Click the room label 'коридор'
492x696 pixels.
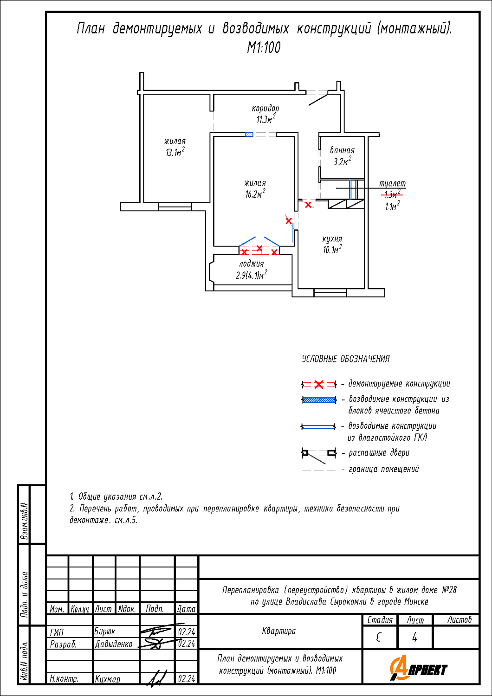click(x=265, y=109)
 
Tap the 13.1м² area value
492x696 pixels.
click(x=175, y=152)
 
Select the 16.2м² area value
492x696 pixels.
click(x=255, y=193)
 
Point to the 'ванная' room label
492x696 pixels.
click(x=342, y=150)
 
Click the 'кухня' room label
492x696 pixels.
click(x=332, y=239)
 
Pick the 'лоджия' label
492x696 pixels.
click(x=252, y=264)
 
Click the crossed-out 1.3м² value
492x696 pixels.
click(x=392, y=194)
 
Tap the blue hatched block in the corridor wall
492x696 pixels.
click(x=249, y=135)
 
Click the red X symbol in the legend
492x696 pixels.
click(x=319, y=385)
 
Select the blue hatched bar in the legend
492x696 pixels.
click(x=319, y=400)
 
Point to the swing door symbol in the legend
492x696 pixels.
click(x=319, y=456)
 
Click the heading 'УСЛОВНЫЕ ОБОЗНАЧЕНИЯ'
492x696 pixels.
click(x=346, y=359)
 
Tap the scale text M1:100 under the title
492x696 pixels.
click(x=264, y=47)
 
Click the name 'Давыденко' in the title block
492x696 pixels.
click(x=114, y=644)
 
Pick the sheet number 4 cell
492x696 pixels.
click(x=414, y=638)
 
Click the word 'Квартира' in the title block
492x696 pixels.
click(x=279, y=631)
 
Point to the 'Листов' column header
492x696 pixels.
click(x=460, y=619)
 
